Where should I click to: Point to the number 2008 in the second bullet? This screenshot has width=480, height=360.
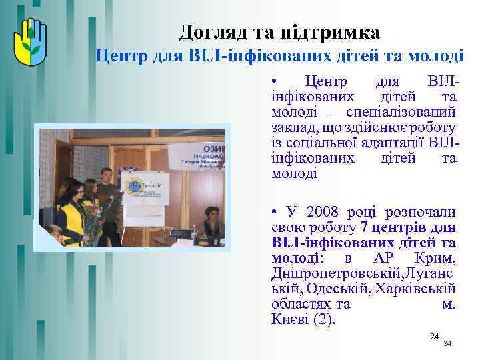coord(326,212)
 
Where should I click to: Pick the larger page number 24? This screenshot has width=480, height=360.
coord(434,335)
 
